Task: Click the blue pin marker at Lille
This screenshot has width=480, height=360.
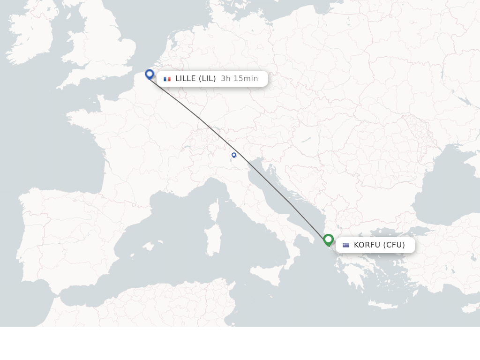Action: (x=150, y=74)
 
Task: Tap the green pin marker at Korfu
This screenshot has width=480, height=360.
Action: (x=328, y=240)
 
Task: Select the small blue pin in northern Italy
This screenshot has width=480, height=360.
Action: (x=234, y=155)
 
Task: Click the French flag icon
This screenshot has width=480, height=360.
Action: (x=167, y=79)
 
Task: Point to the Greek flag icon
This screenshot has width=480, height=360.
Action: (x=346, y=245)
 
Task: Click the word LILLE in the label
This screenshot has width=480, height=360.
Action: (x=186, y=79)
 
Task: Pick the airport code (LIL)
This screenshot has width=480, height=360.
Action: (x=207, y=79)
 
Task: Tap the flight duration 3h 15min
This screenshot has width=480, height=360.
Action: (x=239, y=79)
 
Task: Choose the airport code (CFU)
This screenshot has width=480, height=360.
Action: (x=394, y=245)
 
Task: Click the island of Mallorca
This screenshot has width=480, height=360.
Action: (x=148, y=246)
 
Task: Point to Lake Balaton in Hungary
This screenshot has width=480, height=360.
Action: (x=306, y=140)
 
